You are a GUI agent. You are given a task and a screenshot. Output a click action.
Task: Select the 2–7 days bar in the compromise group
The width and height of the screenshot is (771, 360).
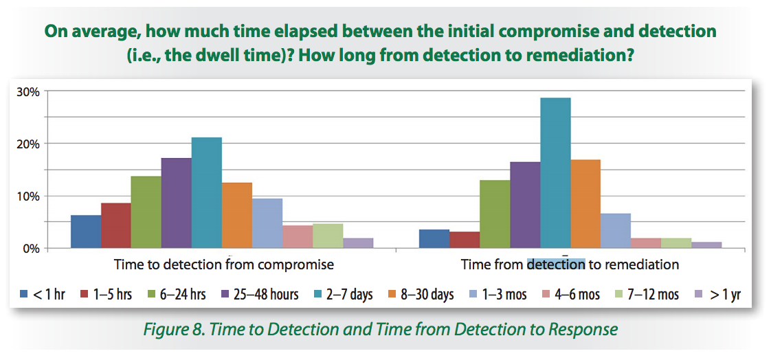coord(207,192)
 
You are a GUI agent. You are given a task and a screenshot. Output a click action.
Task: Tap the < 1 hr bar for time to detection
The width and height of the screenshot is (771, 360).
coord(86,232)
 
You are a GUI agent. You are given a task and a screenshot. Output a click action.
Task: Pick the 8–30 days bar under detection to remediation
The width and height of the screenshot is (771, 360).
coord(585,203)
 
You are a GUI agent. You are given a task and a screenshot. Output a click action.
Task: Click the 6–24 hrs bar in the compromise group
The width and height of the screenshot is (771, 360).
coord(146,212)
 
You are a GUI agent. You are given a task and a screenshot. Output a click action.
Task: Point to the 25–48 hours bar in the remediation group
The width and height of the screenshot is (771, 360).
coord(525,205)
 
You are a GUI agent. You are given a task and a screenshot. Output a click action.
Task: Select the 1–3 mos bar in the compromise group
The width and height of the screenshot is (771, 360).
coord(267,223)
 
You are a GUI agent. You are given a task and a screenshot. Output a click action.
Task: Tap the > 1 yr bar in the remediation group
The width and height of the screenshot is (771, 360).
coord(706,245)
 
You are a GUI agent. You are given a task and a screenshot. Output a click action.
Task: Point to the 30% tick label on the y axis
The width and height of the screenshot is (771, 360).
coord(29,91)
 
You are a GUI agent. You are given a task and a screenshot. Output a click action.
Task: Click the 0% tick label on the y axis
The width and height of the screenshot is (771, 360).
coord(32,248)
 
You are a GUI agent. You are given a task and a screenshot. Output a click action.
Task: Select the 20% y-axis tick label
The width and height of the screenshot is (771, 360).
coord(29,144)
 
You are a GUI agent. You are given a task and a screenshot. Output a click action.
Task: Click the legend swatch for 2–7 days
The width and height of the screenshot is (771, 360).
coord(318,295)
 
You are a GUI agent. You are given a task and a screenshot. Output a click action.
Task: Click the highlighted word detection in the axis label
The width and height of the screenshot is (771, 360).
coord(555,265)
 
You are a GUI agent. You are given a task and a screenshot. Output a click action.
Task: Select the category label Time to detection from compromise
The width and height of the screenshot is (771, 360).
coord(224,265)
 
